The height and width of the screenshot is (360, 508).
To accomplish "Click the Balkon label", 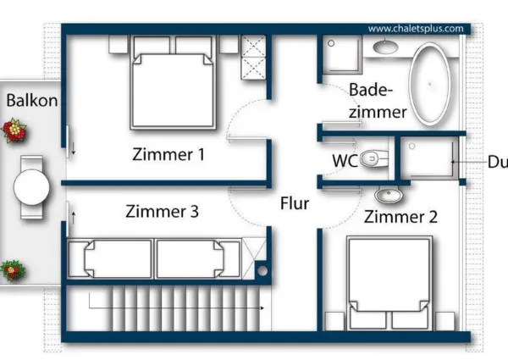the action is pyautogui.click(x=32, y=100).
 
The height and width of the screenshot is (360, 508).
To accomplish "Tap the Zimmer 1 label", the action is pyautogui.click(x=168, y=154).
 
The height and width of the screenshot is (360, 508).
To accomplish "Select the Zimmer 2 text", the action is pyautogui.click(x=400, y=217).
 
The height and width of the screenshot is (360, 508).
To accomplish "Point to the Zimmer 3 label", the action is pyautogui.click(x=162, y=211).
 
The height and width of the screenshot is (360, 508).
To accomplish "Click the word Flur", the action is pyautogui.click(x=295, y=203).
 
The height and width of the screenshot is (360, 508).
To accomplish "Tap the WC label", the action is pyautogui.click(x=345, y=160).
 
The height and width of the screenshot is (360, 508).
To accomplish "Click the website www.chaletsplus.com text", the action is pyautogui.click(x=416, y=29).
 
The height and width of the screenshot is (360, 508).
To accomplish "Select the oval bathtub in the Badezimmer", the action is pyautogui.click(x=429, y=84).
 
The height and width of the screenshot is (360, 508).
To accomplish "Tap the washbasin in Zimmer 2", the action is pyautogui.click(x=389, y=195).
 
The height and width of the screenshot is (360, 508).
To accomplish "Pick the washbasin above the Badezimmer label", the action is pyautogui.click(x=385, y=47).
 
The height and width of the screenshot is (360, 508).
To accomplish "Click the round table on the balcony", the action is pyautogui.click(x=31, y=187).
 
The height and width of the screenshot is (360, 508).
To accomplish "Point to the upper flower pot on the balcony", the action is pyautogui.click(x=14, y=130).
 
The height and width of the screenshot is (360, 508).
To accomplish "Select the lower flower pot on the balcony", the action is pyautogui.click(x=13, y=270).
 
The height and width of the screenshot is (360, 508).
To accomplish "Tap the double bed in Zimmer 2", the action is pyautogui.click(x=389, y=283).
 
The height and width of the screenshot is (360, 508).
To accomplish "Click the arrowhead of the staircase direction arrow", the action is pyautogui.click(x=262, y=307).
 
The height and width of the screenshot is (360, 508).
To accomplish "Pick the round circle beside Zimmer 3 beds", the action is pyautogui.click(x=262, y=270).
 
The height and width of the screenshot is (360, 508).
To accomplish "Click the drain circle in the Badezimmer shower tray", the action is pyautogui.click(x=331, y=43).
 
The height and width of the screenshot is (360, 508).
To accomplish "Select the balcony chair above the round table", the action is pyautogui.click(x=31, y=163).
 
